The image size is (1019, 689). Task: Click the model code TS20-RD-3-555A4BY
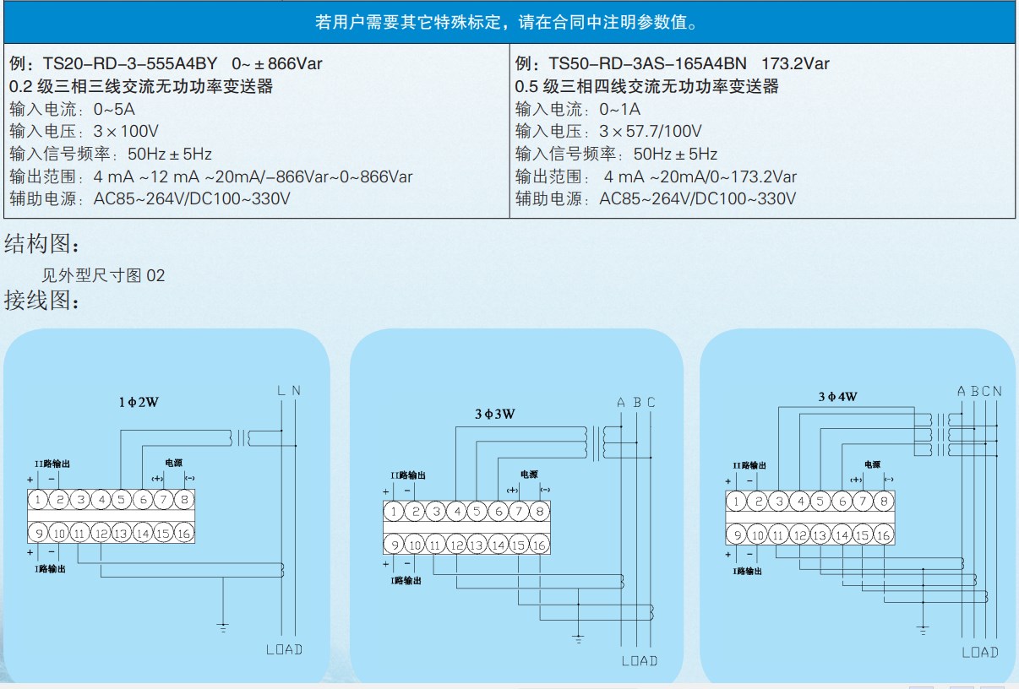tap(130, 63)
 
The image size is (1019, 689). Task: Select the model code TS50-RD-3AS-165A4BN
tap(648, 63)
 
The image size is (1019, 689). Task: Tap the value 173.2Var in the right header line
tap(796, 63)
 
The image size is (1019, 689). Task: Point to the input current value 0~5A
tap(114, 109)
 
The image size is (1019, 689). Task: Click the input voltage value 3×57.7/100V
tap(651, 132)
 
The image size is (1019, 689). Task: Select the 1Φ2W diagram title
tap(139, 402)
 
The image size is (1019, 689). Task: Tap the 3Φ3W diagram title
tap(495, 414)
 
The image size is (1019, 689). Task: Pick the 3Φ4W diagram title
tap(837, 397)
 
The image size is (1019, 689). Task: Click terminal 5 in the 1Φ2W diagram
tap(121, 500)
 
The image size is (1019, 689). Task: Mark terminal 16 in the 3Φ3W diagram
tap(540, 545)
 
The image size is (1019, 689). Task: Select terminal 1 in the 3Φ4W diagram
tap(736, 502)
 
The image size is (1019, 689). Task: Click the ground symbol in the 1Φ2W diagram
tap(222, 627)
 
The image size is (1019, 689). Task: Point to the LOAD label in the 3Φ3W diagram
tap(640, 661)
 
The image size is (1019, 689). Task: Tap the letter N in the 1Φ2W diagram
tap(296, 390)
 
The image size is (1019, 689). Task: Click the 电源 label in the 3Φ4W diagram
tap(872, 464)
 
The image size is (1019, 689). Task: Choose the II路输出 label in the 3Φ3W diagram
tap(408, 475)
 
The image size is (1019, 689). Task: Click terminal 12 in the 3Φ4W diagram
tap(799, 535)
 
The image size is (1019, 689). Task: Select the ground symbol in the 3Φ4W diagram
tap(923, 630)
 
